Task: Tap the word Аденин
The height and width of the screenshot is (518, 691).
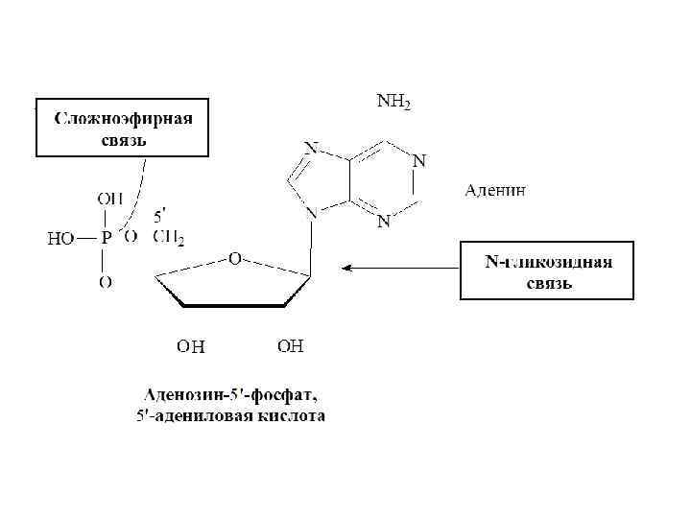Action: (x=495, y=190)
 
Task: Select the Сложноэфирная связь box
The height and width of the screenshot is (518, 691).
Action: (x=122, y=128)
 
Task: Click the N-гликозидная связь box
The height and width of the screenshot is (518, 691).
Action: (x=546, y=271)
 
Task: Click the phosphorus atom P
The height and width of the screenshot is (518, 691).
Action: (x=106, y=237)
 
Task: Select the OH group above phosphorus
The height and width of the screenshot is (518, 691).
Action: (x=108, y=199)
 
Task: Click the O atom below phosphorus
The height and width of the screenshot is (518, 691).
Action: (x=106, y=282)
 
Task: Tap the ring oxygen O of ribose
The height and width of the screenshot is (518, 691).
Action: (x=234, y=259)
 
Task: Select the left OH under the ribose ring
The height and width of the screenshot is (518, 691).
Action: (x=190, y=345)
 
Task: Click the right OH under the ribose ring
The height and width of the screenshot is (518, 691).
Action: (x=291, y=344)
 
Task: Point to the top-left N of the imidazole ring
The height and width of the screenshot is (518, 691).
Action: (x=311, y=148)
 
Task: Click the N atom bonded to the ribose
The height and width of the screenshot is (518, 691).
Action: (x=311, y=215)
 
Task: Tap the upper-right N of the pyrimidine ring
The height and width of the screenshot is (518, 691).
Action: (x=418, y=160)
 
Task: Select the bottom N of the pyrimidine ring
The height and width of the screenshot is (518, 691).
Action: (x=383, y=223)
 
